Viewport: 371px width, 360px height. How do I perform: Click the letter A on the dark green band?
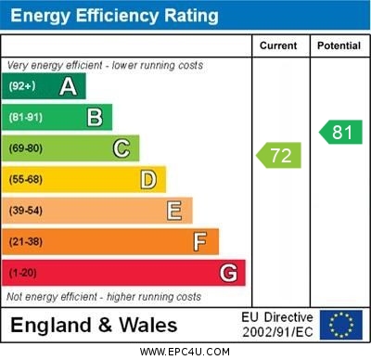[68, 86]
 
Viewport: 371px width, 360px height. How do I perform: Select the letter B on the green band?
[95, 117]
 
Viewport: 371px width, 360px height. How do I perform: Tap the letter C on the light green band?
[122, 148]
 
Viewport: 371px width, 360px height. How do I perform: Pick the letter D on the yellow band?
[148, 179]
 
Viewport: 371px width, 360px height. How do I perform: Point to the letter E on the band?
[174, 211]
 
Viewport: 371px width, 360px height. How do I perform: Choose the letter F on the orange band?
[200, 241]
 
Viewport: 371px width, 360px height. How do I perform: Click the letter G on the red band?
[228, 273]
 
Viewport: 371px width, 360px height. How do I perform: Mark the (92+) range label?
[22, 86]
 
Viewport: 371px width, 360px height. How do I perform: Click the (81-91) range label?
[26, 118]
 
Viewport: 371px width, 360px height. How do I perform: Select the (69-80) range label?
[26, 148]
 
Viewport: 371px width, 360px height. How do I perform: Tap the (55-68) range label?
[26, 180]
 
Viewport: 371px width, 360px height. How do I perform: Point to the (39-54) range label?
[26, 211]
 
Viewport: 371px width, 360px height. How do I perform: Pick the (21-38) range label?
[26, 242]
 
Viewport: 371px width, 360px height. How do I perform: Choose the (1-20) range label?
[24, 273]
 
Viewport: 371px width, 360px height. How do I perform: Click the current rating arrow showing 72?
[280, 155]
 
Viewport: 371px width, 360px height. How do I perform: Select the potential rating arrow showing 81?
[340, 132]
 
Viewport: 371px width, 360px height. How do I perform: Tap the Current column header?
[278, 45]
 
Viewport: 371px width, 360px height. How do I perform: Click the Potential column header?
[339, 45]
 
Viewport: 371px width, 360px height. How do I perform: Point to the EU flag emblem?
[340, 324]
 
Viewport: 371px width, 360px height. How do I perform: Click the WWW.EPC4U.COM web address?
[185, 352]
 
